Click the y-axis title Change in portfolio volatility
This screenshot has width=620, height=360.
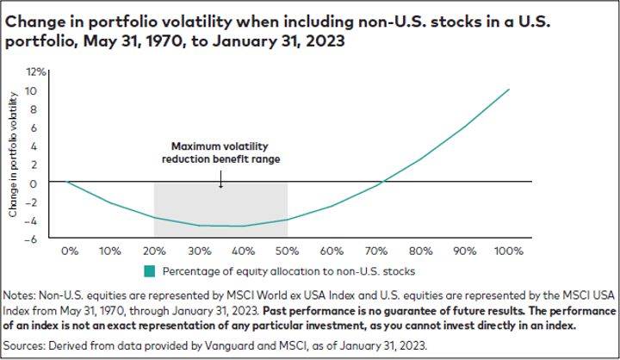[12, 155]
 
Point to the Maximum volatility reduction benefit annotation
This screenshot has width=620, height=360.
[220, 152]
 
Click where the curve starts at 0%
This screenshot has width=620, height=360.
[69, 182]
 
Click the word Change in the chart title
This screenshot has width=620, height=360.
[32, 20]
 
